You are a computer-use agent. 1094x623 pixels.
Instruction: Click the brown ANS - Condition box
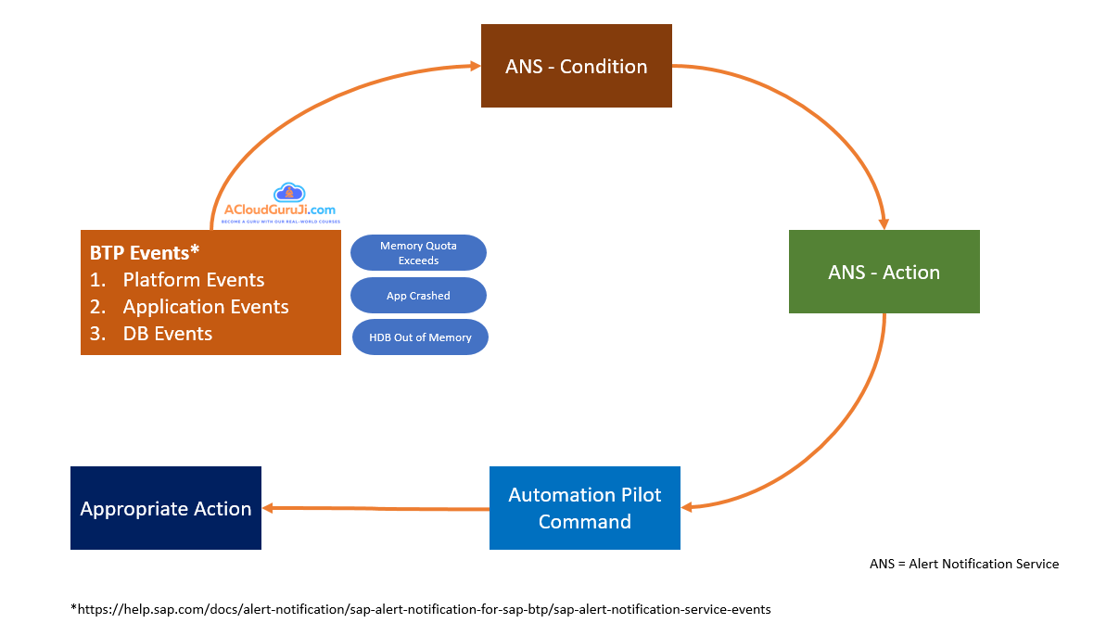click(x=576, y=66)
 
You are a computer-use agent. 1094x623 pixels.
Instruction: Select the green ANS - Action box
click(x=884, y=272)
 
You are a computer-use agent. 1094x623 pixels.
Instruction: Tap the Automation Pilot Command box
click(x=584, y=507)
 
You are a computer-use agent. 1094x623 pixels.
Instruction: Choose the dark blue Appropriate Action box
click(x=166, y=508)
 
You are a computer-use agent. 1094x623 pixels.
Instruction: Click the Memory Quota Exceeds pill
click(x=418, y=253)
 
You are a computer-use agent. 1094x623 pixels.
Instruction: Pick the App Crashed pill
click(x=418, y=296)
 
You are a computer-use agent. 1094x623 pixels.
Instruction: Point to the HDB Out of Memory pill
click(x=420, y=337)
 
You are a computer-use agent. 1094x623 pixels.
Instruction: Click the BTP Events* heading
click(x=145, y=252)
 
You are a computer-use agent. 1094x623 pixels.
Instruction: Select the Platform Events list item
click(x=194, y=280)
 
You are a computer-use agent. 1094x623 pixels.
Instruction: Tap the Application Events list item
click(x=206, y=307)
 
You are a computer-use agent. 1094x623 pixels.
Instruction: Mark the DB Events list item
click(x=168, y=334)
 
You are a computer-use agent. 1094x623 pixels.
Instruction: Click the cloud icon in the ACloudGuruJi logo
click(x=291, y=192)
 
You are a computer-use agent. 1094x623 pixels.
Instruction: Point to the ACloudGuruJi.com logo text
click(x=280, y=211)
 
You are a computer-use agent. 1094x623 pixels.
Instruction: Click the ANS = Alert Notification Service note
click(x=963, y=564)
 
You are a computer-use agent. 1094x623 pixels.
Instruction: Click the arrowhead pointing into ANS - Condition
click(x=474, y=66)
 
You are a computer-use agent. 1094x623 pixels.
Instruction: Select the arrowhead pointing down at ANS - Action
click(x=884, y=222)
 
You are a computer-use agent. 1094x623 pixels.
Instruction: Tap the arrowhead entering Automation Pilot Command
click(x=688, y=506)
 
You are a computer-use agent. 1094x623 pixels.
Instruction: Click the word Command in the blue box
click(x=584, y=521)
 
